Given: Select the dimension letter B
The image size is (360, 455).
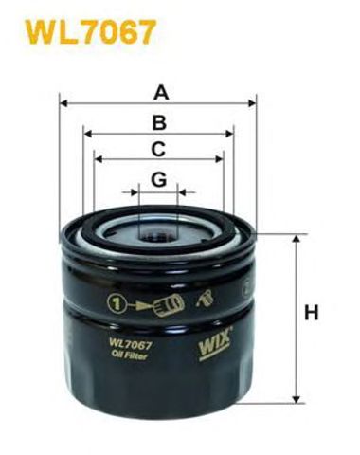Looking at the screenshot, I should [x=160, y=120].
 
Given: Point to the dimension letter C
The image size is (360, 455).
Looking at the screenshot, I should [x=159, y=148].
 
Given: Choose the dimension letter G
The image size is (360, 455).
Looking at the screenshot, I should [x=159, y=177].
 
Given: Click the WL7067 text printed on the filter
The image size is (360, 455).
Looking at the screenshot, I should [x=132, y=345].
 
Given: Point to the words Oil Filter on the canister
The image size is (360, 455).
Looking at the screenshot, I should [x=131, y=357].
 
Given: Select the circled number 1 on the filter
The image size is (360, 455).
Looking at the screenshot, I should [x=116, y=304].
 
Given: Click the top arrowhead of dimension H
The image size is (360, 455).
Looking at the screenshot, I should [x=296, y=238].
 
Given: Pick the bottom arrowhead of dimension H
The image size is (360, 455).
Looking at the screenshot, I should [x=296, y=402].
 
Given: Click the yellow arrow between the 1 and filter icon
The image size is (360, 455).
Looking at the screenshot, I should [x=139, y=305].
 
